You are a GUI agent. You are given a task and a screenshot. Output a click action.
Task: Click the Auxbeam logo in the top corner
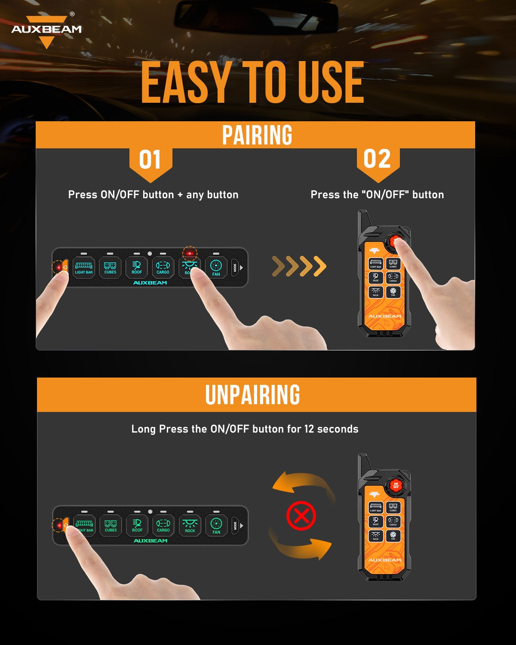[x=46, y=30]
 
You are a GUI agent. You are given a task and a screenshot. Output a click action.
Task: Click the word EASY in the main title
[x=186, y=83]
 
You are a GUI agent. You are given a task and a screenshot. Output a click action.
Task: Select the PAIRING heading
[x=257, y=135]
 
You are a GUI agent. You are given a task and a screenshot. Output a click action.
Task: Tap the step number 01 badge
[x=150, y=160]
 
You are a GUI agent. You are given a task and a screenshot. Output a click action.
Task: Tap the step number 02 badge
[x=377, y=160]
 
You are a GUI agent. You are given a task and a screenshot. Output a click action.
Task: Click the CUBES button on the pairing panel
[x=110, y=267]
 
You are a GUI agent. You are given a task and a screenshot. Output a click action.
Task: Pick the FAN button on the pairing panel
[x=216, y=267]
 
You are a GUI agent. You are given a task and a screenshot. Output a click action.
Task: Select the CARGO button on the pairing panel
[x=163, y=267]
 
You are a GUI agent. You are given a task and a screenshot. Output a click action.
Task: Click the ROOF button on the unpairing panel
[x=137, y=525]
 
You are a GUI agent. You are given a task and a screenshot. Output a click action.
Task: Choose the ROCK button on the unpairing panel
[x=190, y=525]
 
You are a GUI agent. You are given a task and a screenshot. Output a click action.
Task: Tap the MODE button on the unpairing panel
[x=235, y=525]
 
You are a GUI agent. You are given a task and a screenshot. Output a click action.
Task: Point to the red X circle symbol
[x=301, y=515]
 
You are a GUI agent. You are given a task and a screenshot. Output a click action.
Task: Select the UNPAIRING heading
[x=252, y=395]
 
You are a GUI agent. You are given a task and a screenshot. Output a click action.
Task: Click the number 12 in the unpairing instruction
[x=309, y=429]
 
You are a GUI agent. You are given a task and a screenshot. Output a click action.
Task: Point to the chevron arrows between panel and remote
[x=299, y=267]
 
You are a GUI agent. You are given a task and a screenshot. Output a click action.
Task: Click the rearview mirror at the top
[x=256, y=17]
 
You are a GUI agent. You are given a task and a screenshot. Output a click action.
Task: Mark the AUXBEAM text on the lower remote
[x=384, y=560]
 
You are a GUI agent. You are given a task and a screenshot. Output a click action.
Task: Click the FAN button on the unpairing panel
[x=216, y=525]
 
